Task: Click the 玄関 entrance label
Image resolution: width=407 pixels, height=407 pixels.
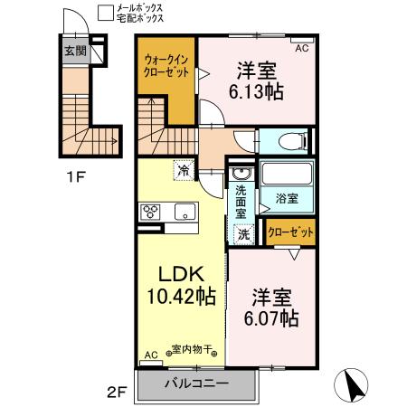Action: coord(76,51)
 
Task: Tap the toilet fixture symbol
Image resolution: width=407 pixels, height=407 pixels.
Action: coord(293,141)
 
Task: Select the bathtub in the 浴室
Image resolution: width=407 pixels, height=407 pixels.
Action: coord(287,174)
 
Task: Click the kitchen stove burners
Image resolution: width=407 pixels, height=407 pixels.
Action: coord(150,212)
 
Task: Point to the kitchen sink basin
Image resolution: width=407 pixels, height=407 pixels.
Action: coord(185,212)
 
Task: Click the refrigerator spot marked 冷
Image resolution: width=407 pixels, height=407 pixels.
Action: coord(184,170)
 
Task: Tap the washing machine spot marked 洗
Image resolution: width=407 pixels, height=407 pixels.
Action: coord(243,234)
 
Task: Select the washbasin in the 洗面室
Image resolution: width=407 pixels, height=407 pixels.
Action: coord(241,174)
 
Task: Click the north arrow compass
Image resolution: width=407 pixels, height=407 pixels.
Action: coord(351,384)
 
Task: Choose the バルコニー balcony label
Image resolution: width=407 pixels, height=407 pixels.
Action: coord(196,383)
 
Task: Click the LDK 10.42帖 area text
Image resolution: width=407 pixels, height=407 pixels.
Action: coord(181,285)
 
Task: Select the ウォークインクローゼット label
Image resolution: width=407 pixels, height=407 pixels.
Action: coord(166,66)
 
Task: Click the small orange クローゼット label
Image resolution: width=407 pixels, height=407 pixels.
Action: coord(290,232)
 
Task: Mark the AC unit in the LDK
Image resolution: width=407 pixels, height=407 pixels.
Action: coord(151,363)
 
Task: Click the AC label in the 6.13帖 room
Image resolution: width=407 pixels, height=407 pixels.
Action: coord(302,48)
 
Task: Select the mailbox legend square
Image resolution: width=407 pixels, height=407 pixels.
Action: coord(106,13)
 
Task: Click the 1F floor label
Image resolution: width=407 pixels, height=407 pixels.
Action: coord(76,176)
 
